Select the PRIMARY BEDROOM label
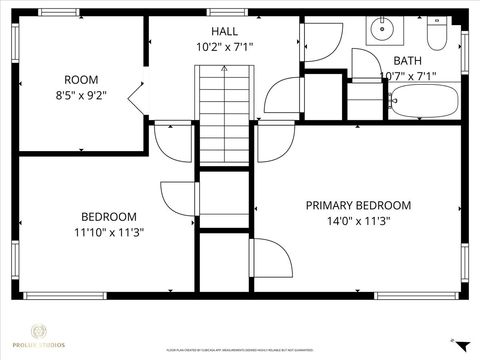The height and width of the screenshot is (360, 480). click(358, 205)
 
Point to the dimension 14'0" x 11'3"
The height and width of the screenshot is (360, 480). click(358, 222)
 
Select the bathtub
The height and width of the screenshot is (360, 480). click(423, 100)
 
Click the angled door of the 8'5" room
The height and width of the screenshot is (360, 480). click(136, 100)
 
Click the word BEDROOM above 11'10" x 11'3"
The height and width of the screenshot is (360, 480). click(109, 216)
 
